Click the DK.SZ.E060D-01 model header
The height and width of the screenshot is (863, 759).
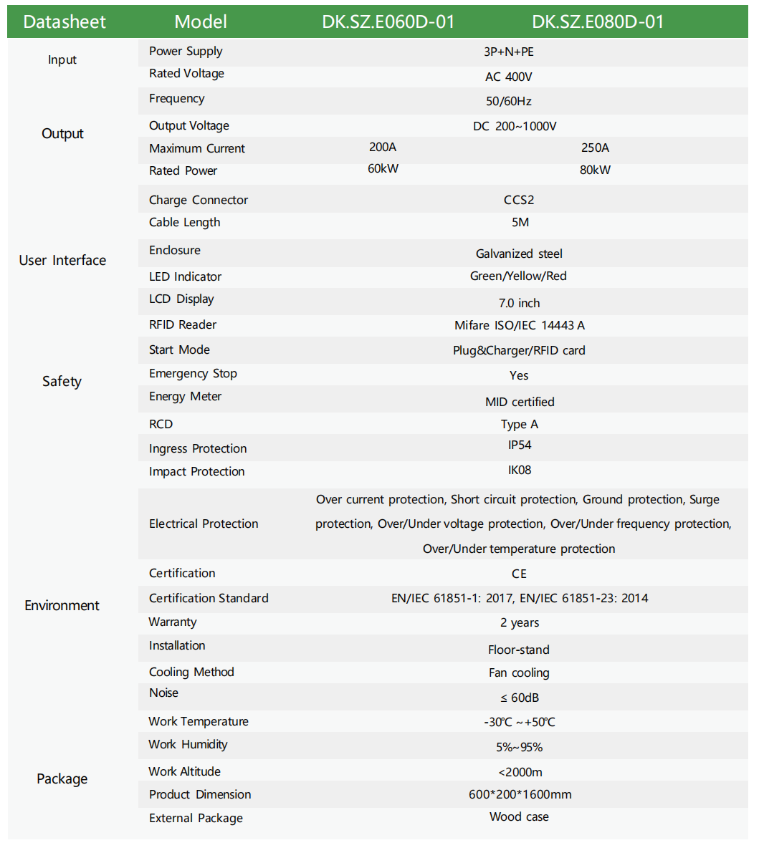point(388,21)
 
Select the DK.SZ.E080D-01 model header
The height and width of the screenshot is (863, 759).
point(598,21)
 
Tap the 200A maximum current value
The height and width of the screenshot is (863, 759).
point(383,147)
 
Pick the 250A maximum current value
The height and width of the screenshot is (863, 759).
point(595,148)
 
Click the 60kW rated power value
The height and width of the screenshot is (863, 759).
point(383,169)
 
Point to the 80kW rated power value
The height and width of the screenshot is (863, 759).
point(595,170)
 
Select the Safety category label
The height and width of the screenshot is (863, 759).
point(62,381)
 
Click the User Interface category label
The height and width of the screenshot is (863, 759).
point(62,260)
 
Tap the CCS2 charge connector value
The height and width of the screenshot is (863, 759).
point(519,200)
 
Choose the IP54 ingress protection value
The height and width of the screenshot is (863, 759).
point(520,445)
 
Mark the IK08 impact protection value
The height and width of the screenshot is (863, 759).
point(520,470)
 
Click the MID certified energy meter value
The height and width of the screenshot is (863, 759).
point(520,402)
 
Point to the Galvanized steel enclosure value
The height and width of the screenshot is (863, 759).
point(519,254)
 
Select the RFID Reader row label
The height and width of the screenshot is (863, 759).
point(183,324)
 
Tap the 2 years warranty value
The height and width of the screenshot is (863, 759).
point(520,622)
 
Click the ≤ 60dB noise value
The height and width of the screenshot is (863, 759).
point(520,698)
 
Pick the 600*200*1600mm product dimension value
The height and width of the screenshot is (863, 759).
point(520,794)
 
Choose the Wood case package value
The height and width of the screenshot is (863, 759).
point(519,816)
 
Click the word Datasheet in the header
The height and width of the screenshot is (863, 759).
point(65,21)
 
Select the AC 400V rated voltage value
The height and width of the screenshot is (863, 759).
point(508,77)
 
